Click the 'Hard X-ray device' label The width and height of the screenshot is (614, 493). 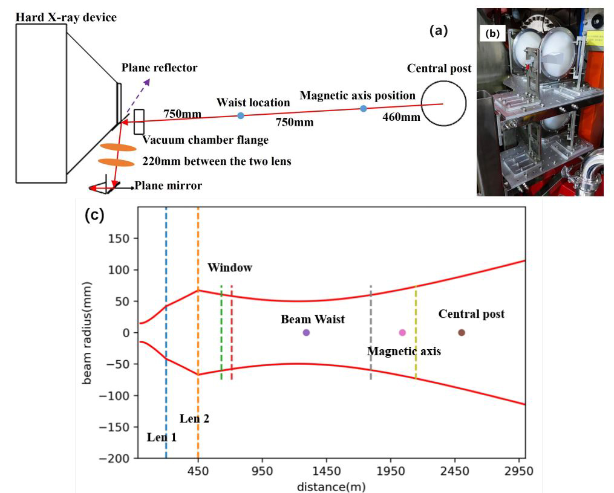tap(66, 18)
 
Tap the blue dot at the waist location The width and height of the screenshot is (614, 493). tap(241, 116)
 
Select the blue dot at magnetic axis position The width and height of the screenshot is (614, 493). tap(364, 108)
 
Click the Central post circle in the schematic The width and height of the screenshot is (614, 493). tap(443, 103)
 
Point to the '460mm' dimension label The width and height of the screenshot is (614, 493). tap(402, 117)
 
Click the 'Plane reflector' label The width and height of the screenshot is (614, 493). tap(159, 68)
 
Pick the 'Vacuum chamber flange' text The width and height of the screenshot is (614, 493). tap(205, 140)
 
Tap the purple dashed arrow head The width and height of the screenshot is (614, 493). tap(147, 82)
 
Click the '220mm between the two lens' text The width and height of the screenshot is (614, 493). tap(217, 161)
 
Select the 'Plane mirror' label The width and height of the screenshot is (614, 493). tap(168, 185)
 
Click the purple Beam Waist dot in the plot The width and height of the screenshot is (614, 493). tap(306, 333)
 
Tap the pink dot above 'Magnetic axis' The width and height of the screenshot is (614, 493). tap(402, 333)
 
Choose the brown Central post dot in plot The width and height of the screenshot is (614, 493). tap(462, 333)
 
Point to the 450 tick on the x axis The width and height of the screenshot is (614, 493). tap(198, 471)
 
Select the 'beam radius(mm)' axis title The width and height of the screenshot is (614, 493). tap(87, 333)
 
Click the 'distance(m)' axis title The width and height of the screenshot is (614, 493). tap(331, 487)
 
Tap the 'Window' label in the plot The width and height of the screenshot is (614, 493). tap(230, 268)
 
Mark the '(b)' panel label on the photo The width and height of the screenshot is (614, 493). tap(492, 34)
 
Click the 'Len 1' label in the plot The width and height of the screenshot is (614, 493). tap(162, 437)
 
